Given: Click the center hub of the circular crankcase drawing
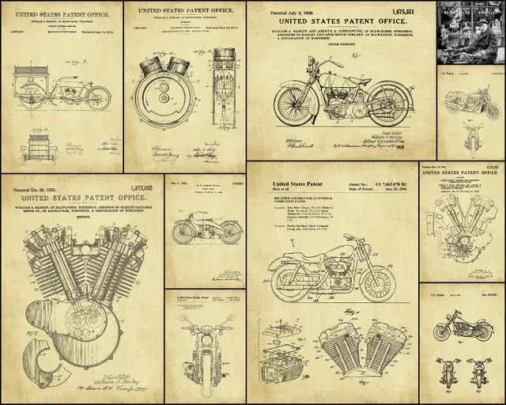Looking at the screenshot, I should click(164, 99).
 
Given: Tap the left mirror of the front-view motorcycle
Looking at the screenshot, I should click(183, 318).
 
